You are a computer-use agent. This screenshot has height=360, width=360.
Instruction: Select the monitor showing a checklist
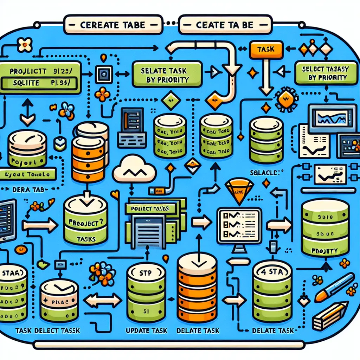239,225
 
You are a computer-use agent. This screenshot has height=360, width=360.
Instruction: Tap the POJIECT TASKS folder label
152,208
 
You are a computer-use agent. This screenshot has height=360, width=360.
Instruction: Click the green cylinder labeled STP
146,292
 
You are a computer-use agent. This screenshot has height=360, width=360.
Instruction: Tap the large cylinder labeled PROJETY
325,229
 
